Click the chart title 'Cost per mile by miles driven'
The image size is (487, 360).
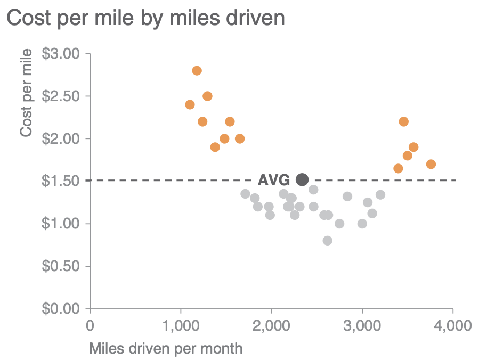[145, 18]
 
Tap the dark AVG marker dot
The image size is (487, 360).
[302, 180]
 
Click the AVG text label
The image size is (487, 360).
[274, 180]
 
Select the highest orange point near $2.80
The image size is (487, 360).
[197, 71]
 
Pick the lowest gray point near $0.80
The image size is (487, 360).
[327, 241]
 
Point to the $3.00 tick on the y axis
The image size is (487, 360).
[60, 54]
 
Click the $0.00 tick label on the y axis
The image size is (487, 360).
[60, 308]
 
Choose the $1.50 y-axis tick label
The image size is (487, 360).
[60, 181]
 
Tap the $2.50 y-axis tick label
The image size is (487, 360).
[60, 96]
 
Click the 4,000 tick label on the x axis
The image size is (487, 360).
[452, 325]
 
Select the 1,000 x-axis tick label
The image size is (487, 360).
[181, 325]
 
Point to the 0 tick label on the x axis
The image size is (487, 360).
[90, 325]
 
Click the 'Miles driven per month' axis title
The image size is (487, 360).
[166, 349]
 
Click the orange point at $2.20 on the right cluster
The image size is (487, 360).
[403, 121]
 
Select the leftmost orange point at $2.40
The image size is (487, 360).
[190, 104]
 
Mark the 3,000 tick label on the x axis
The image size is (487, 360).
[362, 325]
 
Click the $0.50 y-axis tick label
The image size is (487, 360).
[60, 266]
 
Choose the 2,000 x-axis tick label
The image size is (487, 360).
[271, 325]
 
